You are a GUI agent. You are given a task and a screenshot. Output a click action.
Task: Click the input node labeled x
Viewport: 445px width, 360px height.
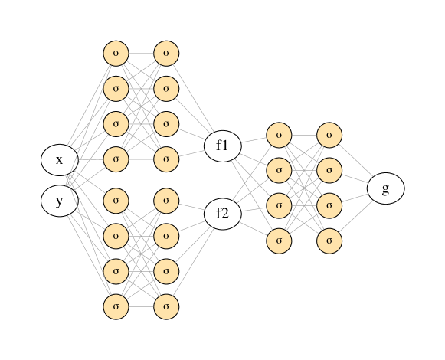59,160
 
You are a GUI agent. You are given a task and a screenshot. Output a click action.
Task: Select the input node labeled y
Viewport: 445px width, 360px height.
59,201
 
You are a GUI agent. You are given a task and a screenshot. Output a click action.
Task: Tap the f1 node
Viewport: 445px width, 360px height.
222,146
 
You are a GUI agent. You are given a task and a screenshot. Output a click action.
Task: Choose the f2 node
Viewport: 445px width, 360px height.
222,213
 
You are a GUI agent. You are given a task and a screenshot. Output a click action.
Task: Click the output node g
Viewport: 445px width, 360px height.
385,188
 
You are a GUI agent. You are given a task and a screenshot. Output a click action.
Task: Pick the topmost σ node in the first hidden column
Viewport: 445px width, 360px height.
116,53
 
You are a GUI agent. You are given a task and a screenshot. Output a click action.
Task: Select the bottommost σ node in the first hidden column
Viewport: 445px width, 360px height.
116,306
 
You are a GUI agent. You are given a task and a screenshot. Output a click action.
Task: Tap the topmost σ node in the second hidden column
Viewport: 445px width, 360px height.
166,53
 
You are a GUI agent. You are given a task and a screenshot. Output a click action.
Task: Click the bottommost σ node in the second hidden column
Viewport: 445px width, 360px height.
166,306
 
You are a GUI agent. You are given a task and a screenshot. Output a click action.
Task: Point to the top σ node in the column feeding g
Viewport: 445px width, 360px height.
329,135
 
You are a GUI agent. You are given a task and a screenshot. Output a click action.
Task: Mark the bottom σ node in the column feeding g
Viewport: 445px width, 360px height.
329,241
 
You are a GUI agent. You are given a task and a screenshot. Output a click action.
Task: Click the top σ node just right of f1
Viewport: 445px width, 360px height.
279,135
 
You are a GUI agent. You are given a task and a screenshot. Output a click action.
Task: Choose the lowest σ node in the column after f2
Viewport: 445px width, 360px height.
279,241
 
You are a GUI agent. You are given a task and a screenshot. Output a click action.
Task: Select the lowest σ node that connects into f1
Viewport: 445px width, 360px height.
166,159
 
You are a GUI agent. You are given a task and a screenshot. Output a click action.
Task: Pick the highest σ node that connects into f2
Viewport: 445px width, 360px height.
166,201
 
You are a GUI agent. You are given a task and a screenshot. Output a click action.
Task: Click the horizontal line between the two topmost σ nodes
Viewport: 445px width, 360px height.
141,53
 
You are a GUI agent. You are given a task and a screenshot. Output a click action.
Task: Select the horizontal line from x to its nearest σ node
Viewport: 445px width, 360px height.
90,159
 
